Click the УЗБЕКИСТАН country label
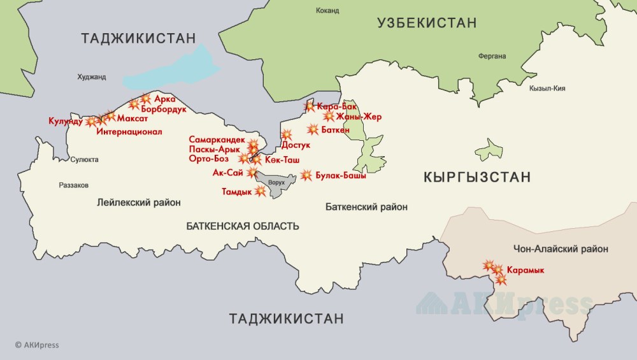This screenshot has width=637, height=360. point(426,24)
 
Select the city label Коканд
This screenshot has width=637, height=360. point(327,11)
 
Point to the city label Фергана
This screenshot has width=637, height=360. point(492,55)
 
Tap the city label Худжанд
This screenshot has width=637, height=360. point(92,77)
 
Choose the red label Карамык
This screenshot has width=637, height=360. point(526,270)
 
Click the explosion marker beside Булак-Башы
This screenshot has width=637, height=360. point(306,175)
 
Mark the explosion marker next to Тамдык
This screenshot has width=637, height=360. point(260,191)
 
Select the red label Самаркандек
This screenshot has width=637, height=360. point(216,139)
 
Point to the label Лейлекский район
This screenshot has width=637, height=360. point(138,203)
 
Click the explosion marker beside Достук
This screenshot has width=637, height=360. point(286,134)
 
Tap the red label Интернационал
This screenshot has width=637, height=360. point(129,132)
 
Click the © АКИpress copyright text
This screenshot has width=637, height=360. point(37,345)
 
